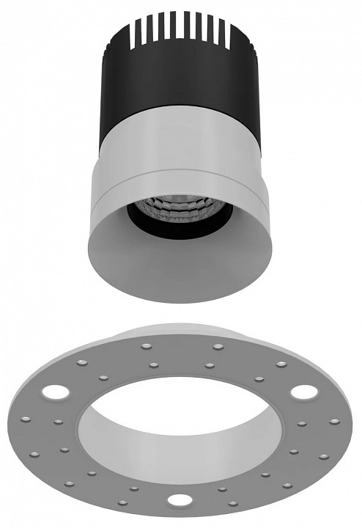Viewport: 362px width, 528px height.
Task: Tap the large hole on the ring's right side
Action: click(x=300, y=391)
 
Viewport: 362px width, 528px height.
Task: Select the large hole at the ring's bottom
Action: click(x=177, y=501)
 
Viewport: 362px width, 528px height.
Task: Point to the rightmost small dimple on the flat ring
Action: click(x=335, y=422)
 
